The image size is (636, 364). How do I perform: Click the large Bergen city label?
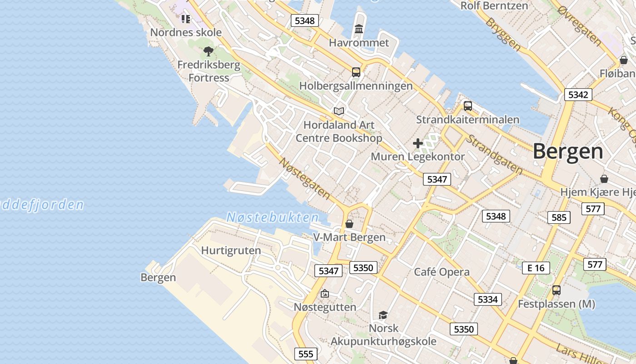(568, 151)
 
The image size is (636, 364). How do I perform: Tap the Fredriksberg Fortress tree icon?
(209, 51)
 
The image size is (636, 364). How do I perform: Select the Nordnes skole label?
(186, 32)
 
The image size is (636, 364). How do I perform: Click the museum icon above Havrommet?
(359, 29)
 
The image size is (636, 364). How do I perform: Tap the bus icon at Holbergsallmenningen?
(356, 72)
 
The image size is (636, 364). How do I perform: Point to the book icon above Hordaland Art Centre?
(338, 111)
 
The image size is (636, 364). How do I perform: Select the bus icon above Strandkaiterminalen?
(468, 106)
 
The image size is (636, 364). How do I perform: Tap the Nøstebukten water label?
(273, 217)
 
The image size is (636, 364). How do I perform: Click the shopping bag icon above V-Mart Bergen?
(349, 224)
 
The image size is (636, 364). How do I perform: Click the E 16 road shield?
(536, 268)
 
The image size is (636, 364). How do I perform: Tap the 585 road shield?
(559, 217)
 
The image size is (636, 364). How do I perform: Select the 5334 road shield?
(488, 299)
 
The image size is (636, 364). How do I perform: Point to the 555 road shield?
(306, 354)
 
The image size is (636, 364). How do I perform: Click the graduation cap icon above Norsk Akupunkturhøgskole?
(383, 315)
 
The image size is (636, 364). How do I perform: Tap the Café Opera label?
(442, 272)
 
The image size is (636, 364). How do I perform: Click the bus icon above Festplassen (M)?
(556, 290)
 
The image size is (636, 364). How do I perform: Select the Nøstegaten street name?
(304, 178)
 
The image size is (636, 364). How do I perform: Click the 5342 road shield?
(578, 95)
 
